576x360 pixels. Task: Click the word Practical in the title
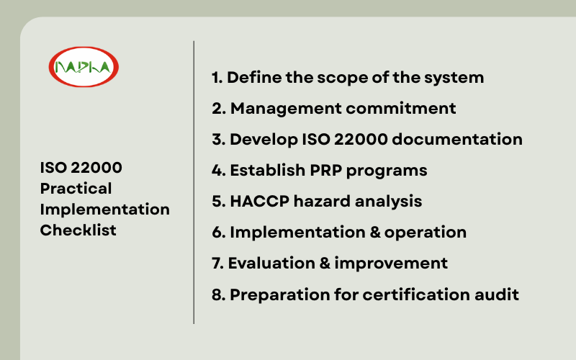click(x=76, y=189)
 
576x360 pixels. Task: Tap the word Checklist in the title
click(x=78, y=230)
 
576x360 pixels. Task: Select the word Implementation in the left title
click(x=105, y=210)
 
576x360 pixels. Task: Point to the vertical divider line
click(x=194, y=182)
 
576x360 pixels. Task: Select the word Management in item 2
click(x=286, y=109)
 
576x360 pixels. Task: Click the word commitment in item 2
click(x=401, y=109)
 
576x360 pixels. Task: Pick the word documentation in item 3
click(x=457, y=139)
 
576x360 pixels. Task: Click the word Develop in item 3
click(x=264, y=140)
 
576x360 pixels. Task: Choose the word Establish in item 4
click(x=268, y=170)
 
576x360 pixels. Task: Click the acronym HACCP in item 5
click(x=260, y=202)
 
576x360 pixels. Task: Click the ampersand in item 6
click(x=375, y=233)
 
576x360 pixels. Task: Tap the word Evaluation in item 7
click(x=272, y=264)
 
